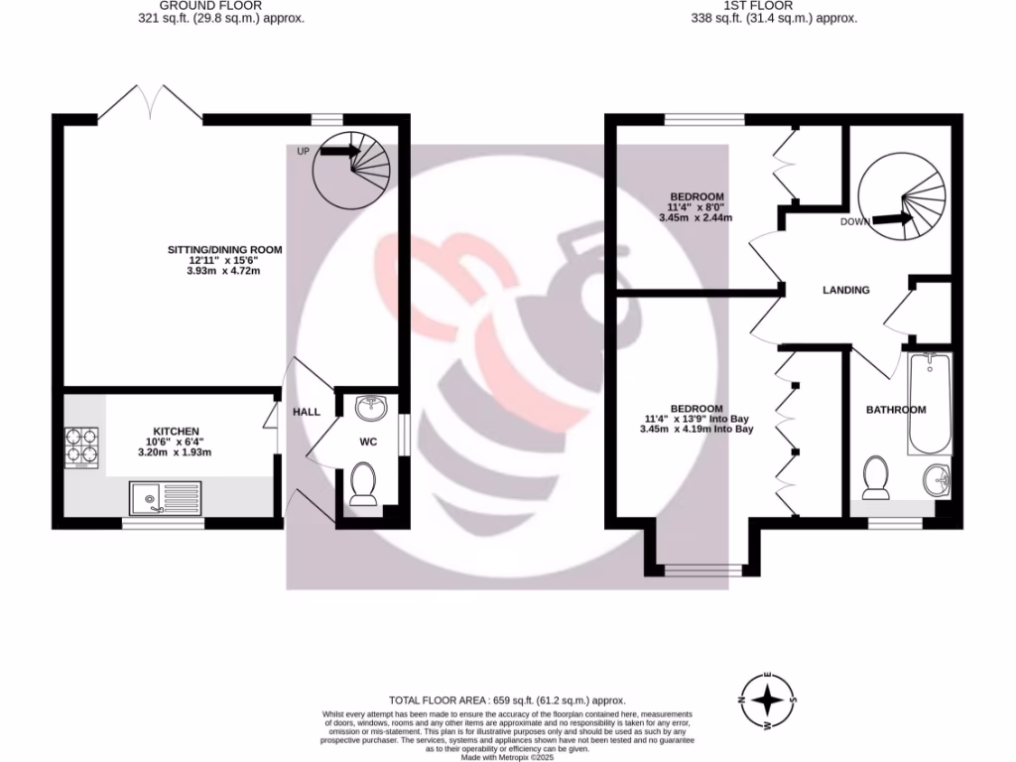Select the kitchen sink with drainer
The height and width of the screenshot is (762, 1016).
click(165, 496)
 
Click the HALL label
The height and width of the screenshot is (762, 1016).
click(307, 411)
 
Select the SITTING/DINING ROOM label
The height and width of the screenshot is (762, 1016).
click(224, 249)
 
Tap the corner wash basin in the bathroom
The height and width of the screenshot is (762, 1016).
click(936, 481)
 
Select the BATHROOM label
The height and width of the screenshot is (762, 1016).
click(896, 410)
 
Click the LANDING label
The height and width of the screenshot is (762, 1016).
click(846, 290)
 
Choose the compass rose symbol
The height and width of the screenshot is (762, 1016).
click(766, 700)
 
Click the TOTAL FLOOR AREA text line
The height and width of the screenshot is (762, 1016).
click(507, 700)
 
